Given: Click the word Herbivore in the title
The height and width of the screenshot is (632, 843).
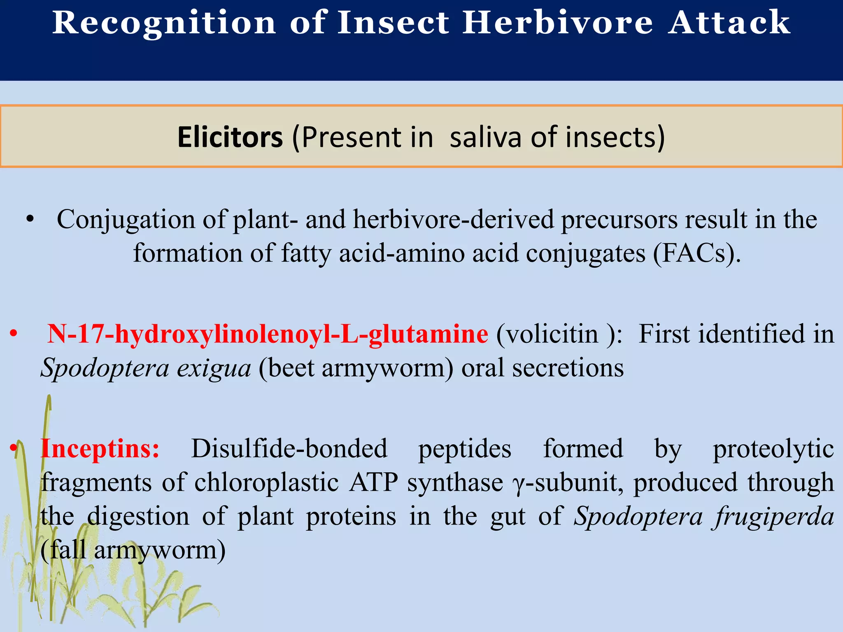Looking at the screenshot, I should tap(558, 23).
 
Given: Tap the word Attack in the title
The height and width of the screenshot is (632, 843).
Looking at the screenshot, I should tap(729, 23).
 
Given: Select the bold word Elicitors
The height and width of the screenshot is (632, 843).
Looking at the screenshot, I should tap(230, 137).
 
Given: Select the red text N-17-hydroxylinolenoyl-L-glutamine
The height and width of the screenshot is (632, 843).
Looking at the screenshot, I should tap(268, 334).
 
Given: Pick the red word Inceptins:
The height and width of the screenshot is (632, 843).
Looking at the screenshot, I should tap(100, 448).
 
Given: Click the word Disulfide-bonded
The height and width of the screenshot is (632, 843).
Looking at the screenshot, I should tap(289, 448).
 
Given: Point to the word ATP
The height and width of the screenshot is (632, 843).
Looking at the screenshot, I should tap(373, 482).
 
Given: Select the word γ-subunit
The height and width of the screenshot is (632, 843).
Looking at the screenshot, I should tap(568, 482).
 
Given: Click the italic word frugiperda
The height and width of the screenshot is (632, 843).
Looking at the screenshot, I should tap(774, 516).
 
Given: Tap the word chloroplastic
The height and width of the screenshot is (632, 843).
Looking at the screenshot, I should tap(266, 482).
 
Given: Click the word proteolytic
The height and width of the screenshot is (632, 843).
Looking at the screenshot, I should tap(773, 449).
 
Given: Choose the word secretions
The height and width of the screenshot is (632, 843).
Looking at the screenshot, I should tap(568, 367).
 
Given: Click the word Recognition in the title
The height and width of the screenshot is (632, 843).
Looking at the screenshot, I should tap(164, 23).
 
